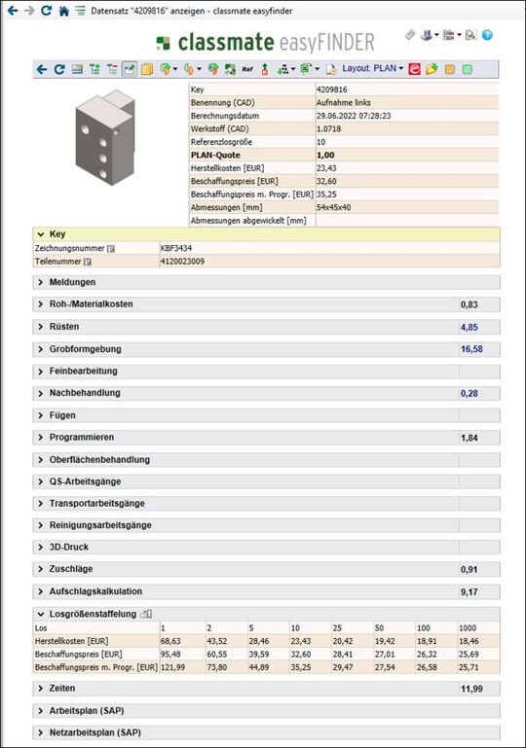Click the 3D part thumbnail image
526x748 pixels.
coord(103,135)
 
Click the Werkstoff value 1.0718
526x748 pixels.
coord(329,127)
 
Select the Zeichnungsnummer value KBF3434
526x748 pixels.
coord(176,248)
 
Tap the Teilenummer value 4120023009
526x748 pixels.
coord(184,261)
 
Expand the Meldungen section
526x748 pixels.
coord(72,282)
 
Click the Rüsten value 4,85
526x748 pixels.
coord(469,327)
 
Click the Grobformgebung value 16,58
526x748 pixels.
coord(471,349)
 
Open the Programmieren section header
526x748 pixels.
coord(82,438)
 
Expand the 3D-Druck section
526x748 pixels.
coord(68,548)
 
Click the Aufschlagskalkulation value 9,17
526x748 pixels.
coord(469,591)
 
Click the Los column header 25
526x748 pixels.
coord(337,626)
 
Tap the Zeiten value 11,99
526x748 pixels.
coord(471,689)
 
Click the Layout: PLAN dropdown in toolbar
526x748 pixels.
coord(372,69)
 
